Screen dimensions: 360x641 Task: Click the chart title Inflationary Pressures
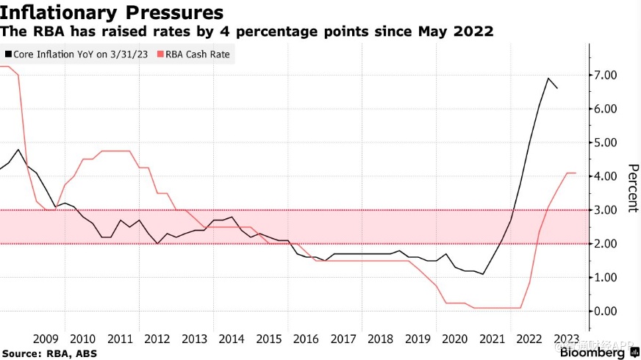[x=112, y=12]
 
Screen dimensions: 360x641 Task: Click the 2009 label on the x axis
[x=46, y=339]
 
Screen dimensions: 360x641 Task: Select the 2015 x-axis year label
[x=268, y=339]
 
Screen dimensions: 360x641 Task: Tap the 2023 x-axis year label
[x=566, y=339]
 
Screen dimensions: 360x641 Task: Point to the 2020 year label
[x=454, y=339]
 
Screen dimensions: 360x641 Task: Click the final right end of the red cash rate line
[x=576, y=173]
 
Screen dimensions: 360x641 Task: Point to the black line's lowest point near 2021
[x=483, y=274]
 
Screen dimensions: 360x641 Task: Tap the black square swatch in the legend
[x=8, y=54]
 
